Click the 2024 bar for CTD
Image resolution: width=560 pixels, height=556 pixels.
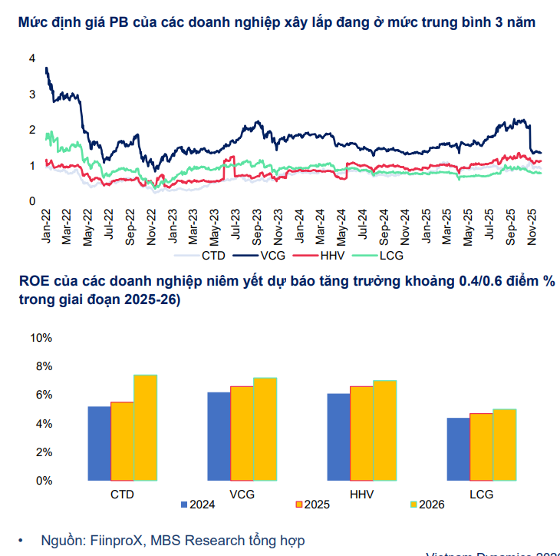99,443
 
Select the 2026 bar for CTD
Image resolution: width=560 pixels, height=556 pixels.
145,428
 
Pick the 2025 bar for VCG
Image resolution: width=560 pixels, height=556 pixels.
242,433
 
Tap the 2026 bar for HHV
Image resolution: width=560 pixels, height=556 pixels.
385,430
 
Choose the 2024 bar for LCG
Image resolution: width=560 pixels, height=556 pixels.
458,449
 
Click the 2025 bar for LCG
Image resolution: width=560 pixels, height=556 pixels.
481,447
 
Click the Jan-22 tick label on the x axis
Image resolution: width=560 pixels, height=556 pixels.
46,227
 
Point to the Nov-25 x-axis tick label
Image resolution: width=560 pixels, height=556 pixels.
532,227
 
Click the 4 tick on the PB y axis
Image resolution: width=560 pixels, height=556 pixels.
31,58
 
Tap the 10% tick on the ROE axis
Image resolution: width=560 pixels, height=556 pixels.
41,338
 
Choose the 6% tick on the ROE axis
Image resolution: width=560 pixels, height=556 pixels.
43,395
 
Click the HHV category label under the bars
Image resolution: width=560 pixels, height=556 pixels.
361,494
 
